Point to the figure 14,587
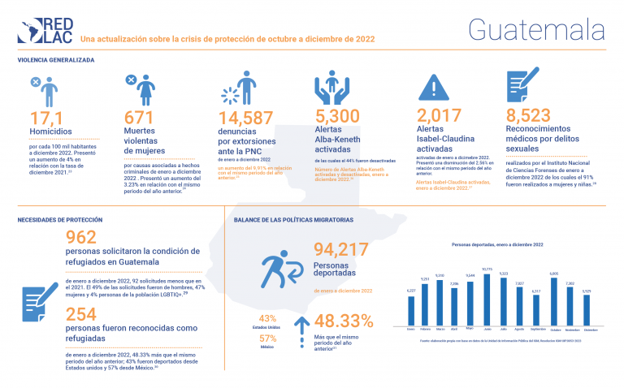click(246, 119)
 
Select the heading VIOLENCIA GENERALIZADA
click(57, 60)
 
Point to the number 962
click(81, 238)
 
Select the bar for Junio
click(487, 299)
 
